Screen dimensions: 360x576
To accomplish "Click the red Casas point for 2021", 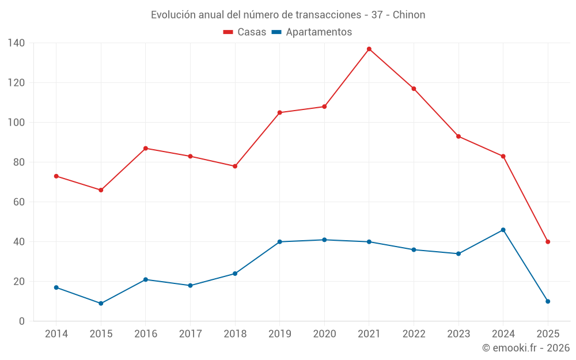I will click(369, 49).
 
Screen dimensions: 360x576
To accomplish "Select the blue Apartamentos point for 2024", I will click(503, 230).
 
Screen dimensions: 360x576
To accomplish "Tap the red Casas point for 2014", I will click(56, 176).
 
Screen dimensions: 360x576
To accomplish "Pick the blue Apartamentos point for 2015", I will click(101, 304).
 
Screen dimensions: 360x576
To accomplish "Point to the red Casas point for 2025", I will click(548, 242).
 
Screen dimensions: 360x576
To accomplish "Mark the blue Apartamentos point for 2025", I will click(548, 301).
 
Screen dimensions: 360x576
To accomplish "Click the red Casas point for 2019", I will click(280, 112).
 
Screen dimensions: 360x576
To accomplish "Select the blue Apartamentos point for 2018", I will click(235, 274).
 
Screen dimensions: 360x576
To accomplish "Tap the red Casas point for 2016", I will click(146, 149).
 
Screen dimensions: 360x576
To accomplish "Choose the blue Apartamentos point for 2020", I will click(324, 240).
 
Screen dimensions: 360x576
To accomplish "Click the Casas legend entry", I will click(245, 32).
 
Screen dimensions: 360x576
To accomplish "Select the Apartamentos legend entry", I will click(312, 32).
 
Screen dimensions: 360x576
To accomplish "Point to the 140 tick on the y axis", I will click(16, 43).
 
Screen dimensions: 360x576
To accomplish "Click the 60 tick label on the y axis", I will click(19, 202).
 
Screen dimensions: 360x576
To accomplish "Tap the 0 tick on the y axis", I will click(22, 321).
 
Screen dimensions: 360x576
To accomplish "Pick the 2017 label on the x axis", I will click(190, 334).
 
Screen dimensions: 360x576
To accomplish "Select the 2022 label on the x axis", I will click(414, 334).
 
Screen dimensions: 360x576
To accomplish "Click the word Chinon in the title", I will click(409, 15).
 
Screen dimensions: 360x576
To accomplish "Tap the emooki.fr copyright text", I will click(525, 348).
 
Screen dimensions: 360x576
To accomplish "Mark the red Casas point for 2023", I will click(458, 137).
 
